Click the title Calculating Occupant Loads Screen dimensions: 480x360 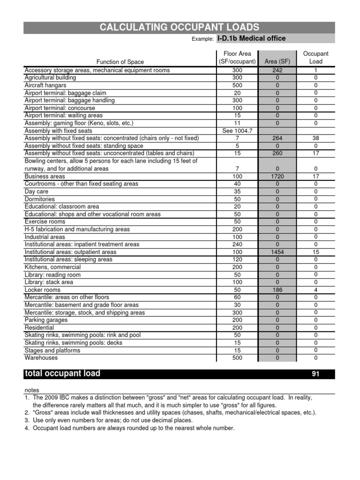[x=180, y=28]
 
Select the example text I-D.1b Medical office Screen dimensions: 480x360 [x=251, y=38]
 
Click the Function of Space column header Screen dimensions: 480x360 [x=120, y=62]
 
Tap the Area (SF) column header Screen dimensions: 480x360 [x=277, y=61]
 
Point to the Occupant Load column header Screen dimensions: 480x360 [x=315, y=58]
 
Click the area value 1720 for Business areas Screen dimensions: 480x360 [x=277, y=176]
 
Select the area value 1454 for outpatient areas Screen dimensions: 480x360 [x=277, y=252]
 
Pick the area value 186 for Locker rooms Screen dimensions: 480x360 [x=277, y=290]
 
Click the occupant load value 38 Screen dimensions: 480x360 [x=315, y=138]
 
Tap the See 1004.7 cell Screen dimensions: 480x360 [x=237, y=131]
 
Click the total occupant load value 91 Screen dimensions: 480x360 [x=315, y=374]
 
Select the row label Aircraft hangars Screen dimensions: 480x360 [x=45, y=85]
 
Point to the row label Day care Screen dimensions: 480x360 [x=36, y=191]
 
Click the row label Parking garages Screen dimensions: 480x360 [x=46, y=320]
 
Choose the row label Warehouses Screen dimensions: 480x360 [x=41, y=358]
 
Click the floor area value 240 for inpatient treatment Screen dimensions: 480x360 [x=237, y=244]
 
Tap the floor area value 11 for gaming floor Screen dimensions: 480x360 [x=237, y=123]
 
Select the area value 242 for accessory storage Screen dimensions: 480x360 [x=277, y=70]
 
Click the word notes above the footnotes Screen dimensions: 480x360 [x=32, y=390]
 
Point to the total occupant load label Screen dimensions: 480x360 [x=62, y=374]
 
